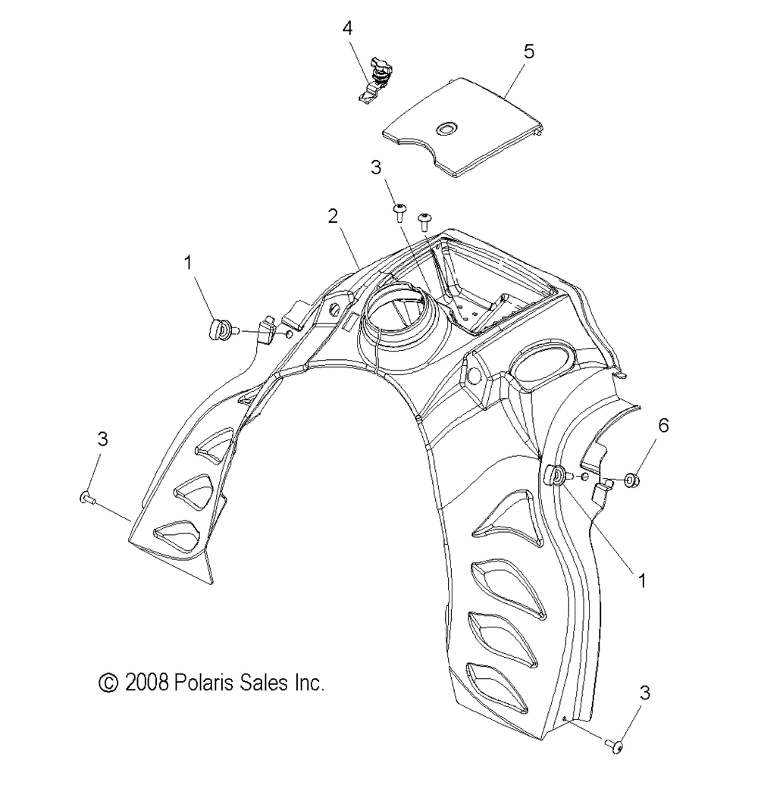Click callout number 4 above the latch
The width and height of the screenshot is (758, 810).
[x=348, y=28]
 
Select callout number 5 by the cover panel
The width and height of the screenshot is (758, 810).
[x=528, y=52]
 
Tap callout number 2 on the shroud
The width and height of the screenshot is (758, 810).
[x=333, y=216]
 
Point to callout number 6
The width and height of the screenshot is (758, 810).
[x=663, y=426]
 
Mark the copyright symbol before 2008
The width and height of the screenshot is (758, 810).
[x=108, y=683]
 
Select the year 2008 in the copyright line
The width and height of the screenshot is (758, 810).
[x=147, y=683]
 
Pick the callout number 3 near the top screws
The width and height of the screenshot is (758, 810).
[x=376, y=167]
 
